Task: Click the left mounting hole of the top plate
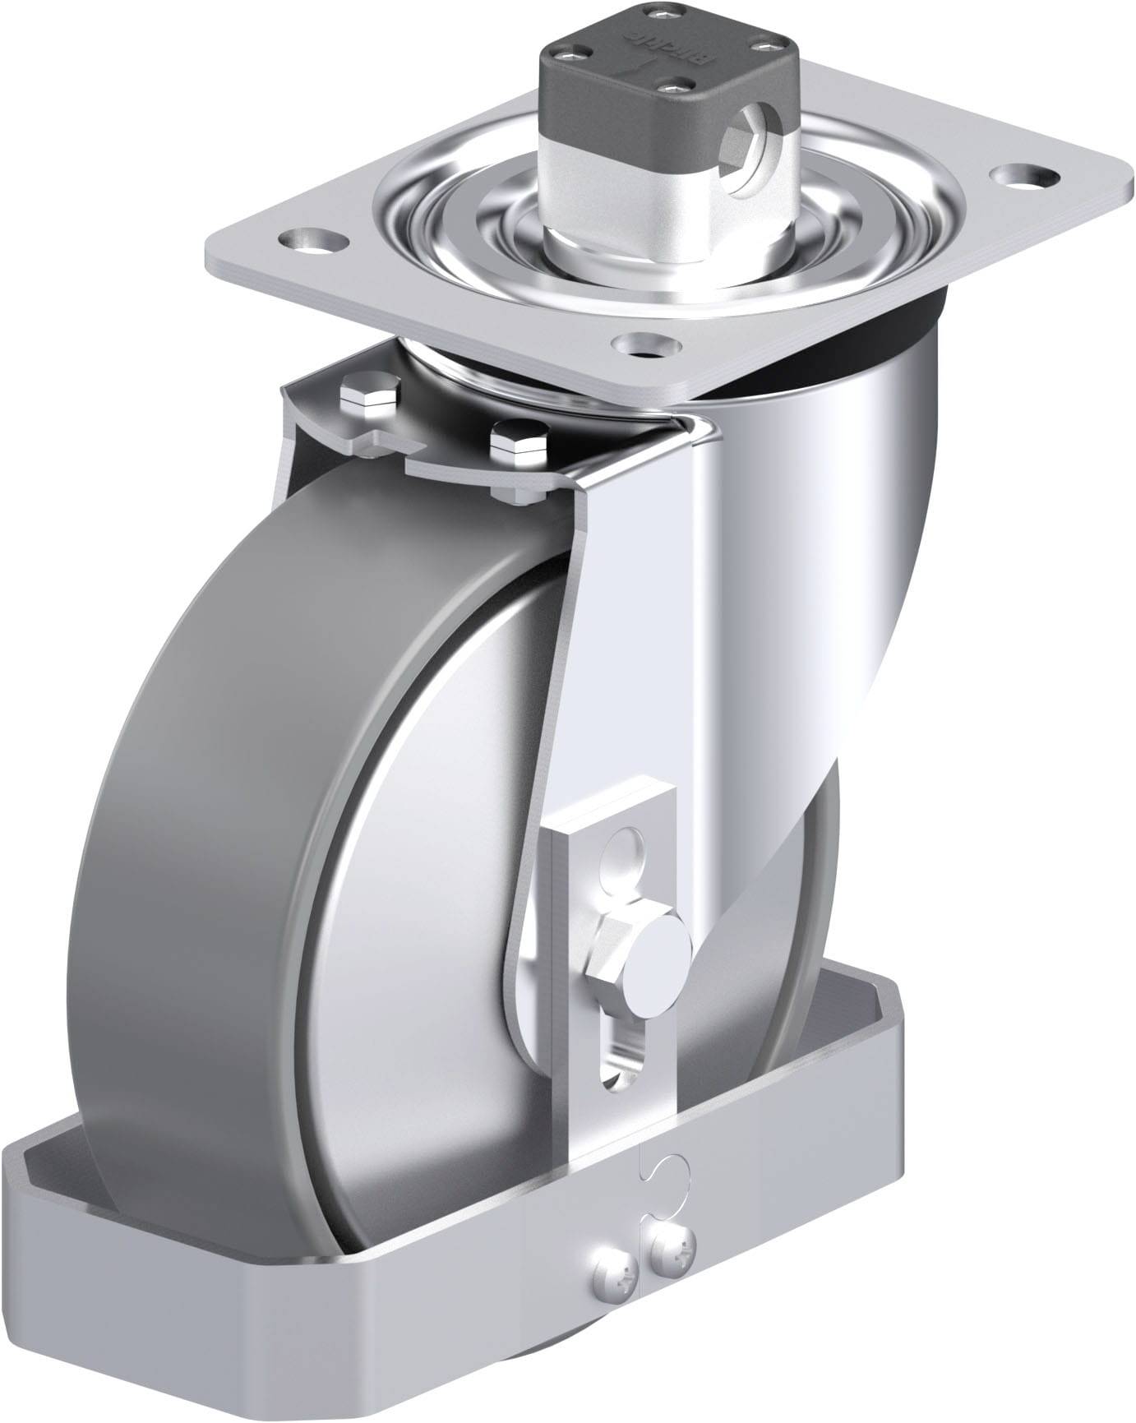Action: (x=312, y=239)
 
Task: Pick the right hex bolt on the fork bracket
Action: (x=518, y=446)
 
